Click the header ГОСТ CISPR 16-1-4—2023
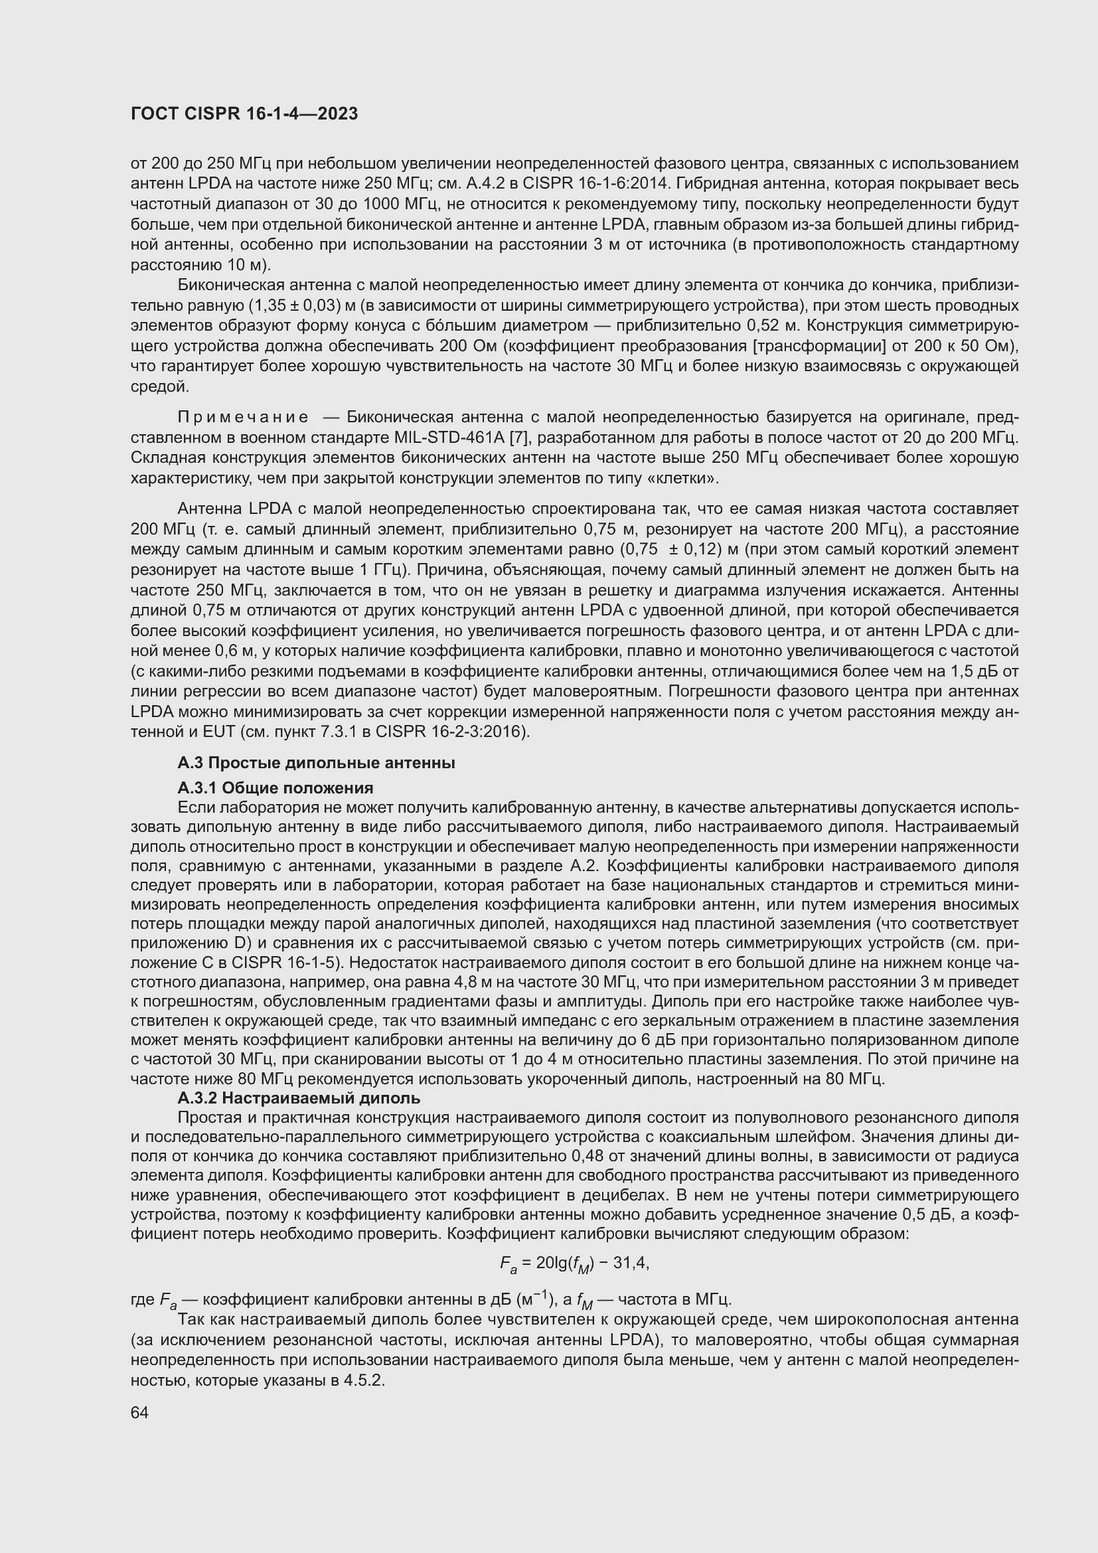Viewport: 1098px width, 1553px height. click(244, 114)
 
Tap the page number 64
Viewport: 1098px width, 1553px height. click(139, 1413)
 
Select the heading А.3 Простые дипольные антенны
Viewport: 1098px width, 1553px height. click(316, 763)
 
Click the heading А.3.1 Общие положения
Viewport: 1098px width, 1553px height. click(275, 788)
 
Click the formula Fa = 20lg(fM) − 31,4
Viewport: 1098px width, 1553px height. click(575, 1263)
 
